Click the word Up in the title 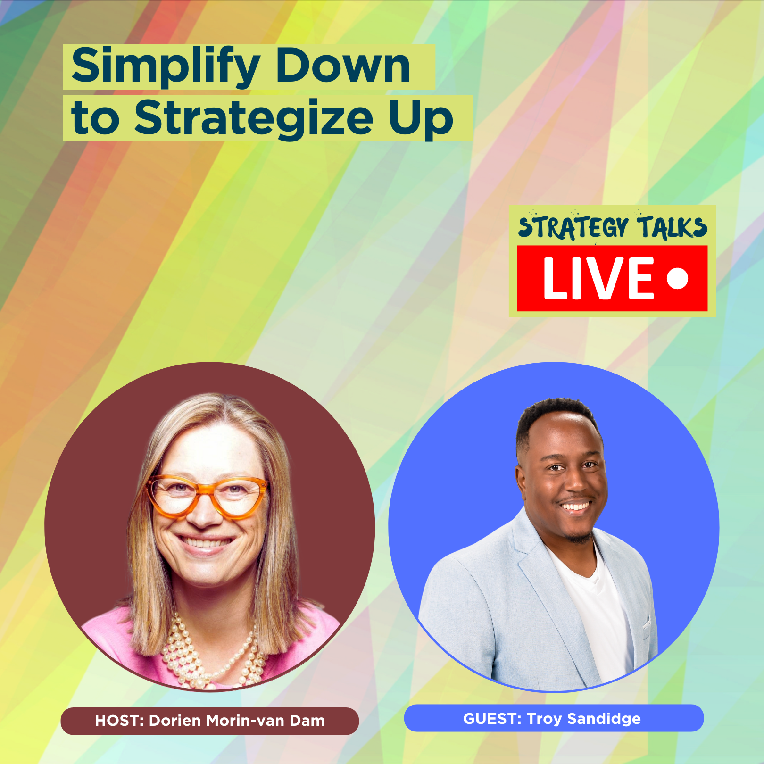[x=421, y=119]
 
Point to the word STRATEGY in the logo [x=573, y=227]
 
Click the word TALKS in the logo [x=673, y=227]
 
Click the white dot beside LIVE [x=678, y=278]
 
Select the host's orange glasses [x=207, y=495]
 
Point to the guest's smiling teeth [x=574, y=507]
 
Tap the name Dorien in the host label [x=175, y=721]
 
